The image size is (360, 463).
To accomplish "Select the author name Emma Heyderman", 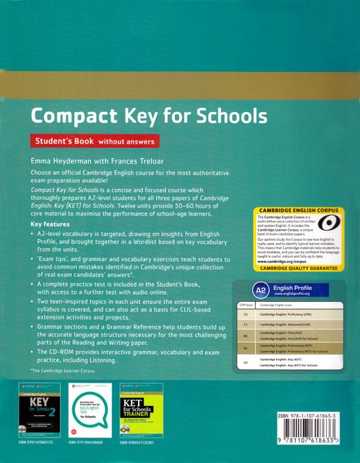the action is pos(66,160).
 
